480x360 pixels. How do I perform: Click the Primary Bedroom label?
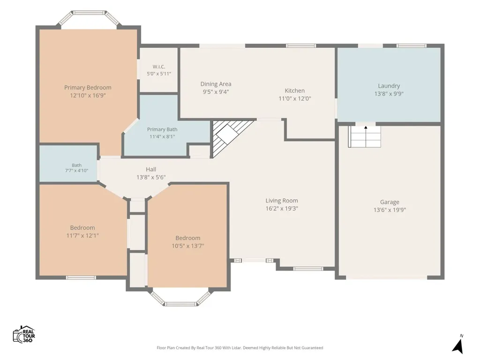pos(88,88)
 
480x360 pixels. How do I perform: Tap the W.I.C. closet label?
pos(159,67)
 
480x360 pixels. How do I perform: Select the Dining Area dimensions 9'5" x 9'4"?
pos(216,91)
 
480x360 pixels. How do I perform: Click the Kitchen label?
pos(294,90)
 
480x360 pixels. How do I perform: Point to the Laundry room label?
pos(389,86)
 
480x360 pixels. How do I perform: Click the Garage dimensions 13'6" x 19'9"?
pos(390,210)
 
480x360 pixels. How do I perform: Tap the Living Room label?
pos(282,201)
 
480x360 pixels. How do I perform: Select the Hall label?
pos(151,169)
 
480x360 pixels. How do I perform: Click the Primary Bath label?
pos(162,129)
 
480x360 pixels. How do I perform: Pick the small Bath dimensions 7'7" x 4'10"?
pos(76,171)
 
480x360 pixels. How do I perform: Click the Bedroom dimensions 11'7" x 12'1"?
pos(82,235)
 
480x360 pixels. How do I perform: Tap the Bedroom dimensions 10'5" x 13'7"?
pos(187,246)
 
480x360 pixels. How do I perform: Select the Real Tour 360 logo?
pos(24,334)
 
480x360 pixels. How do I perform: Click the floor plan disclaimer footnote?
pos(240,348)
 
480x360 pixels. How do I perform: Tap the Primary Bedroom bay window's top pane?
pos(89,13)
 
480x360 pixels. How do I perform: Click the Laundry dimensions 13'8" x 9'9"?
pos(389,94)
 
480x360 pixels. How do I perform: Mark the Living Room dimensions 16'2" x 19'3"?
pos(282,209)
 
